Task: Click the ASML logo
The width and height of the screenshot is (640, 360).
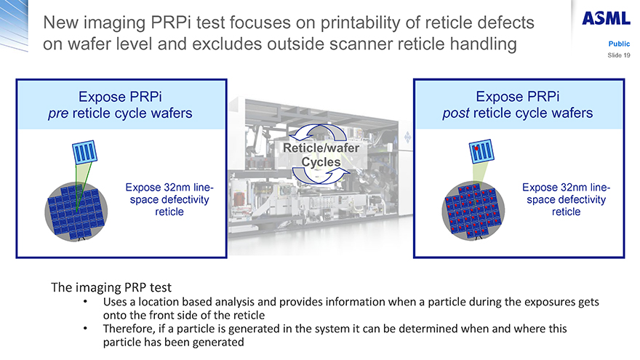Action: [606, 18]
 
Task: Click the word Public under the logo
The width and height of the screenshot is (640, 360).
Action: [619, 44]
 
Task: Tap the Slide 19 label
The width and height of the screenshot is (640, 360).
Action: [618, 55]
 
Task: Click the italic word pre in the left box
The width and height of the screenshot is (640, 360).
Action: [58, 113]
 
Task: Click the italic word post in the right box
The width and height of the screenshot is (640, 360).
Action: [456, 113]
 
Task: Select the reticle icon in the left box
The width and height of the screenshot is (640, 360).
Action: [85, 152]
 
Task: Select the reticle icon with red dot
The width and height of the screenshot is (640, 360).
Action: [481, 151]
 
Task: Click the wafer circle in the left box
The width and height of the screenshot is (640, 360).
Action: [76, 212]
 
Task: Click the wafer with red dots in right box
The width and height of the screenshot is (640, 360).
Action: [473, 210]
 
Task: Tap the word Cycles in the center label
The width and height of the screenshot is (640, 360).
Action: [321, 162]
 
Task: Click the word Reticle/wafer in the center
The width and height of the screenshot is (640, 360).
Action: [321, 148]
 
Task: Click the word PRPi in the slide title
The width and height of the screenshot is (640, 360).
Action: [171, 23]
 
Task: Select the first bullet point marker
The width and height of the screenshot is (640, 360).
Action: [85, 302]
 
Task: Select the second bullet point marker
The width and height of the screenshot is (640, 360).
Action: [85, 329]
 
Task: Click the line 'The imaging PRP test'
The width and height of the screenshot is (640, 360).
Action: [111, 287]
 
